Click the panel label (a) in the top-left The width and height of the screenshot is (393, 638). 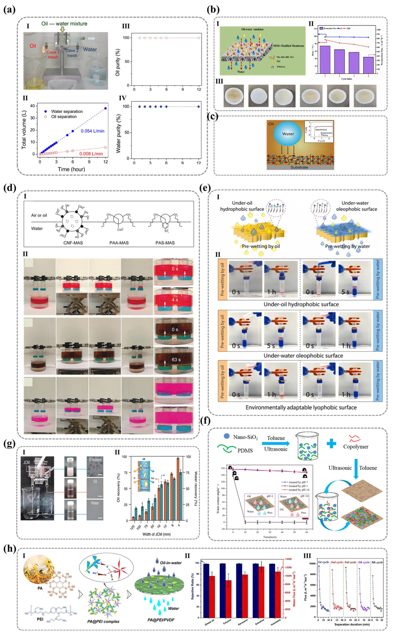coord(9,10)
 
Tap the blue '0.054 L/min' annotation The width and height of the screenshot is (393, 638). coord(92,131)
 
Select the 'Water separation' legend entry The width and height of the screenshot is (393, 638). coord(67,111)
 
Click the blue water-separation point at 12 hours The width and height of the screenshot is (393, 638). coord(105,108)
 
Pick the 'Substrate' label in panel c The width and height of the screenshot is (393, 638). coord(299,167)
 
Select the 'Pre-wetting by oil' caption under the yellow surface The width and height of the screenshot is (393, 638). coord(261,246)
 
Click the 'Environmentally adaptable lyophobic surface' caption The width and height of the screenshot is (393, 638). coord(301,407)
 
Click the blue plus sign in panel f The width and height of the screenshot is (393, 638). coord(331,444)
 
